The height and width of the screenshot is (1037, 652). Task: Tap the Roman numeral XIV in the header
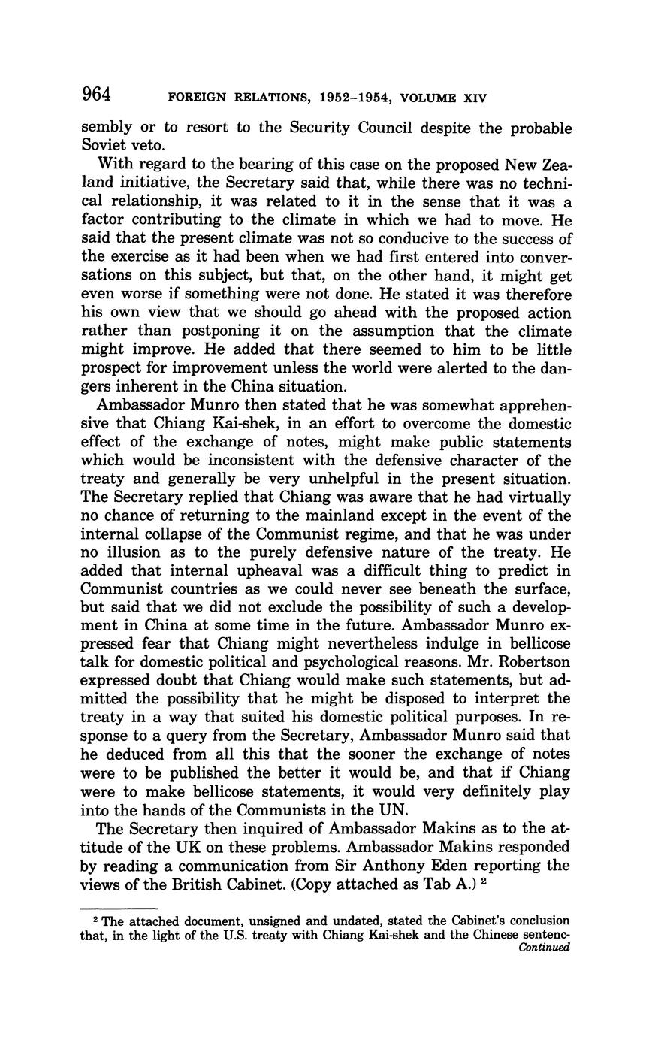click(x=472, y=98)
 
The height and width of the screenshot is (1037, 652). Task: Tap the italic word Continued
click(x=545, y=947)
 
